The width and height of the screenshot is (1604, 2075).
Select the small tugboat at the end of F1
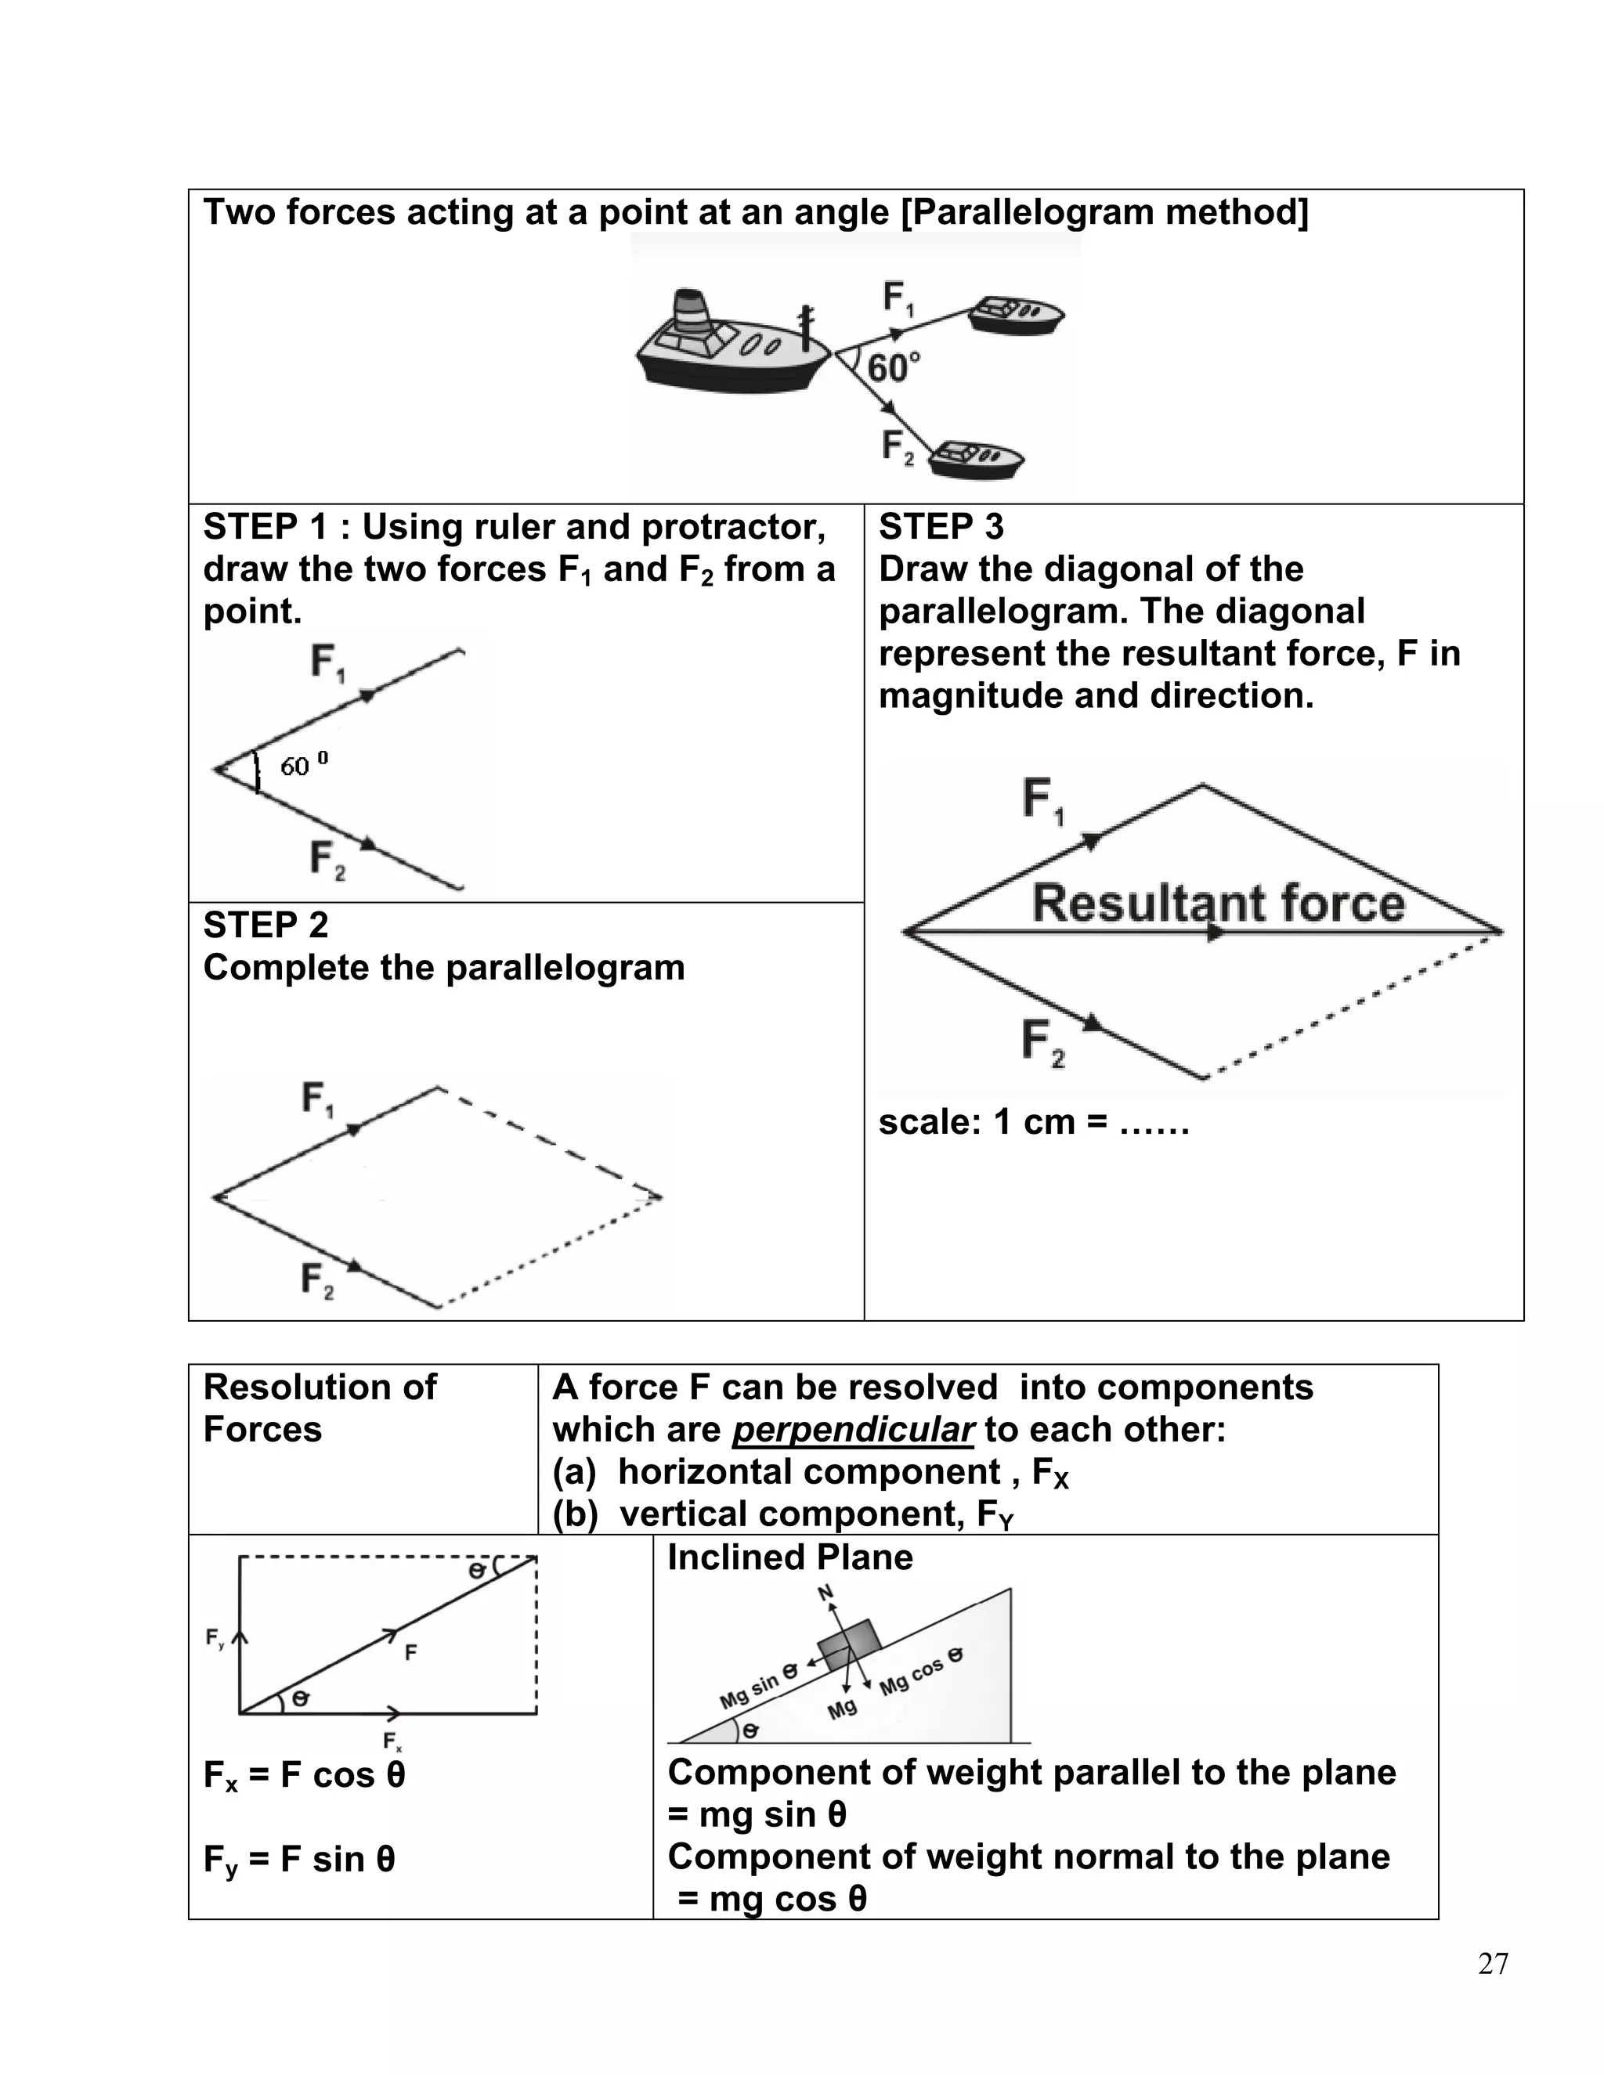(x=1015, y=316)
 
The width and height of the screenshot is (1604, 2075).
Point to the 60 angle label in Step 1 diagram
(x=303, y=765)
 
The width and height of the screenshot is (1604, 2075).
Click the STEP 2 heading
(x=266, y=925)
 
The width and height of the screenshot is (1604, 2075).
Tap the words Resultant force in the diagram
(x=1217, y=904)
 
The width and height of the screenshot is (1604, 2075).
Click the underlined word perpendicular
(x=854, y=1429)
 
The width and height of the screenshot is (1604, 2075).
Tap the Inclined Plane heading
(x=789, y=1557)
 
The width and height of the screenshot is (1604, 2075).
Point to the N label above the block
(x=825, y=1593)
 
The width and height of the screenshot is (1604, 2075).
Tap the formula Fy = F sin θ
(x=298, y=1860)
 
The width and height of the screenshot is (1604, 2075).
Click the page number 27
(x=1493, y=1964)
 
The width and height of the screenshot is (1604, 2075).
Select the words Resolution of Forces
(x=320, y=1408)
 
